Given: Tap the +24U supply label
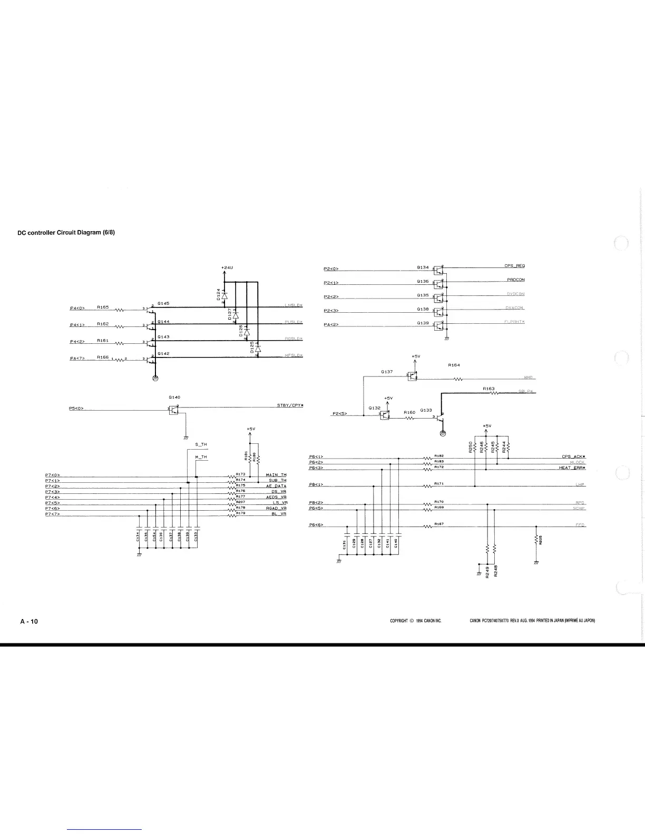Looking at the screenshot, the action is (227, 268).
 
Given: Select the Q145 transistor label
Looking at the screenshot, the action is (163, 304).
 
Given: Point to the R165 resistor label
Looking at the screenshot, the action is (103, 306).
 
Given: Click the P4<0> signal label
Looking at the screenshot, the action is (77, 309).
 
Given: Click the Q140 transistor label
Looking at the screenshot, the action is (174, 397).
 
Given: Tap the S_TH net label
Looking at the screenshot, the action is (201, 445).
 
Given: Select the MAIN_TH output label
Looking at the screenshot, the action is (276, 475).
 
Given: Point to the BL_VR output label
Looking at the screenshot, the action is (278, 514).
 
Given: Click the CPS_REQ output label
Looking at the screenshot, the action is (514, 266).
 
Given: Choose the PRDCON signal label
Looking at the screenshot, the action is (515, 280).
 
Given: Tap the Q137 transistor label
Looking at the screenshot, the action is (387, 372).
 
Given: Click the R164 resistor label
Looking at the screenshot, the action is (454, 365).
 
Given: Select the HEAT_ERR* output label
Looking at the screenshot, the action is (572, 468).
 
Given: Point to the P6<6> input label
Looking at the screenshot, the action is (316, 525).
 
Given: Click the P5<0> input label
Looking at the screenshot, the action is (77, 408).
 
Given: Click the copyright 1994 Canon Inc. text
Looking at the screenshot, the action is (415, 621).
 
